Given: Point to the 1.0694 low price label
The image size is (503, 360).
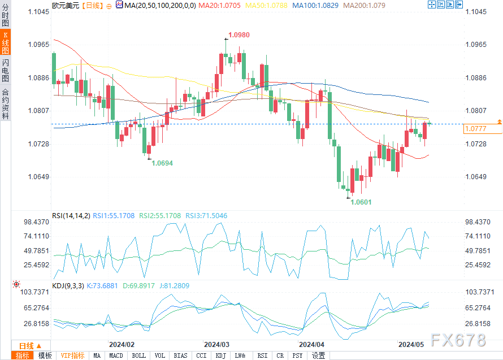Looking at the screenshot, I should pos(162,163).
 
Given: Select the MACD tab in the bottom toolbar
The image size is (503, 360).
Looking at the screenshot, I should pos(116,355).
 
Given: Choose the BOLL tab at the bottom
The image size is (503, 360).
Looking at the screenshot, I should pos(138,355).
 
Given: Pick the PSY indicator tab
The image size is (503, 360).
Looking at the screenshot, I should pos(297,355).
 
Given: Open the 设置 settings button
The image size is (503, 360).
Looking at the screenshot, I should pos(319,355).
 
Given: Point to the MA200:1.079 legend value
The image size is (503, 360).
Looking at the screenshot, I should pos(354,5).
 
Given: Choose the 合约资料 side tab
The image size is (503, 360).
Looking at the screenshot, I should pos(5,104).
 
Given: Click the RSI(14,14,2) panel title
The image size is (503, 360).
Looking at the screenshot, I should pos(71,215).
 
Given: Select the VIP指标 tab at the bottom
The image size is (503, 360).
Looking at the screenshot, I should pos(72,355).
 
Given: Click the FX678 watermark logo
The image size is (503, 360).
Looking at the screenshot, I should pos(457,340).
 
